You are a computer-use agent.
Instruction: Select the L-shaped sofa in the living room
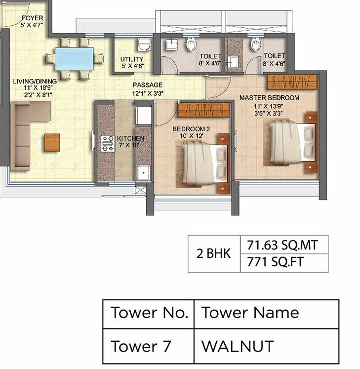coord(27,133)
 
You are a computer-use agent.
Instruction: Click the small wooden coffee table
coord(52,142)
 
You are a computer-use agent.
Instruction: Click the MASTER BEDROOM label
coord(269,98)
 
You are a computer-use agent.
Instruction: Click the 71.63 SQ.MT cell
coord(283,244)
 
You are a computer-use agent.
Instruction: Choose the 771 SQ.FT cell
coord(283,262)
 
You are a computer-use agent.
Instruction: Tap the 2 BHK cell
coord(213,253)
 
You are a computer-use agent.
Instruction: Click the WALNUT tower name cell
coord(266,346)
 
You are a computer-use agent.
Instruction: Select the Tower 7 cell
coord(148,346)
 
